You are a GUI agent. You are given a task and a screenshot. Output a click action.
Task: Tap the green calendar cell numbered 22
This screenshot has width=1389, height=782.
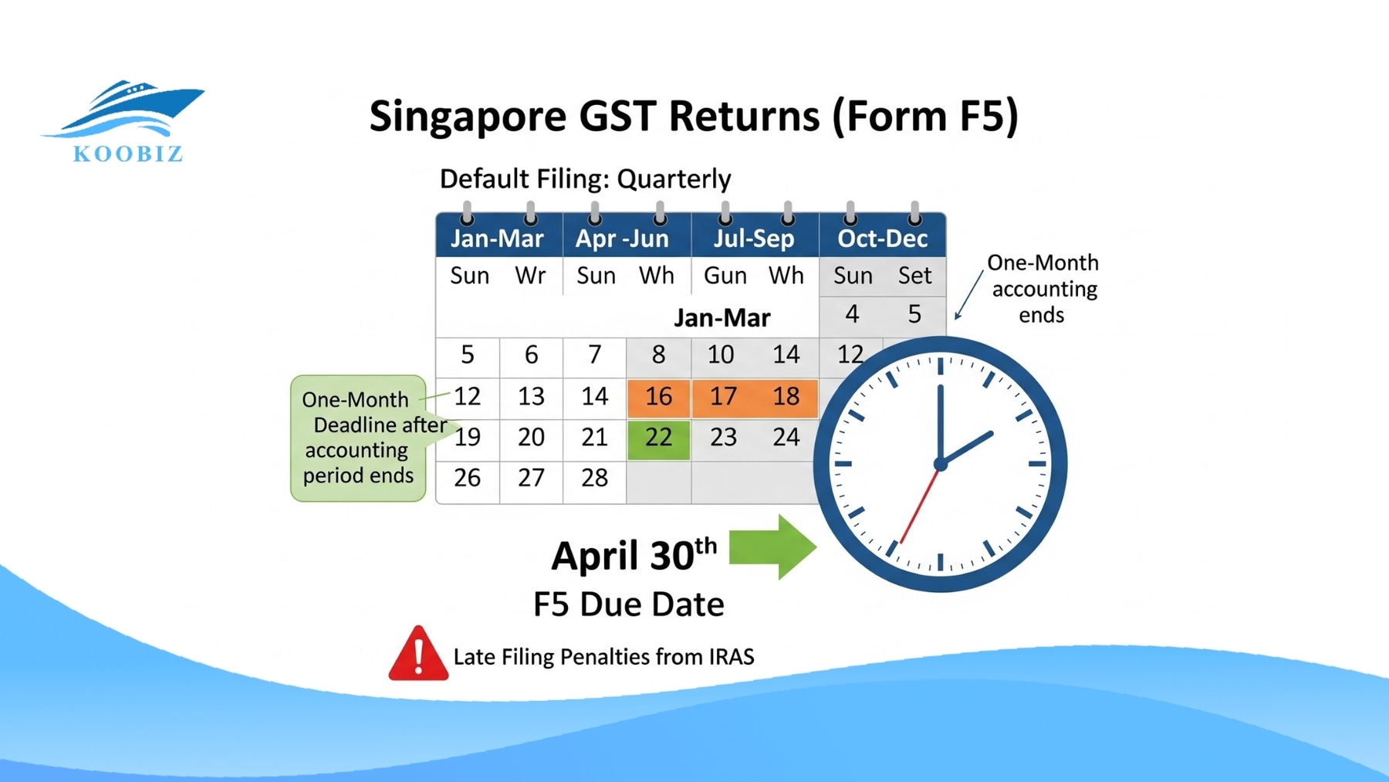(658, 438)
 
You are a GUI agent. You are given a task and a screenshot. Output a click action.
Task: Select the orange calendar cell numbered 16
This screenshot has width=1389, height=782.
(658, 397)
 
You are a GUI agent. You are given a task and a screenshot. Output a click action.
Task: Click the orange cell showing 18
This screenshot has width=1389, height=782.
(786, 397)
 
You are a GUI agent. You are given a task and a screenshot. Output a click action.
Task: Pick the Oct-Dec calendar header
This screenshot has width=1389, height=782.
(882, 239)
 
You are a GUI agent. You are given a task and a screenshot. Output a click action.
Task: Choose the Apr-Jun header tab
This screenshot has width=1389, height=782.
(622, 239)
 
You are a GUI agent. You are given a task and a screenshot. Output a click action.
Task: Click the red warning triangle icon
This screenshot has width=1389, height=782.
(418, 655)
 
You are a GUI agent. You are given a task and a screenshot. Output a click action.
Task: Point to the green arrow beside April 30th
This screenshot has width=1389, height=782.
(772, 547)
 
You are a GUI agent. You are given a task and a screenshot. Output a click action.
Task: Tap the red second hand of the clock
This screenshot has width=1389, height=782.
(918, 506)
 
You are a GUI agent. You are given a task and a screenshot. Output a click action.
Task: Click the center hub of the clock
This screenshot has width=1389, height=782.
(940, 464)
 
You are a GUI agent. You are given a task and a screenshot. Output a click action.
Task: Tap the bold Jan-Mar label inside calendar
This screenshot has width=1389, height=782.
(722, 318)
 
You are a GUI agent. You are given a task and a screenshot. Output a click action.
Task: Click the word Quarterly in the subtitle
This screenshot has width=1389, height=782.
(674, 179)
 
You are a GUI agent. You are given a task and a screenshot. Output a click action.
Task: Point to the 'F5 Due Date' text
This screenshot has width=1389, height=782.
(628, 604)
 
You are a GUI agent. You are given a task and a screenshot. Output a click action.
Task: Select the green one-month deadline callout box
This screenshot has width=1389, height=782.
(358, 438)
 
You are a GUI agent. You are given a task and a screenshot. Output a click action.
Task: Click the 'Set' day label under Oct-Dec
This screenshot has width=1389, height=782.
(914, 276)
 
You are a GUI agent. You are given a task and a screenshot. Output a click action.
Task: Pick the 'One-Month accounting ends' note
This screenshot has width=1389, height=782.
(1043, 289)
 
